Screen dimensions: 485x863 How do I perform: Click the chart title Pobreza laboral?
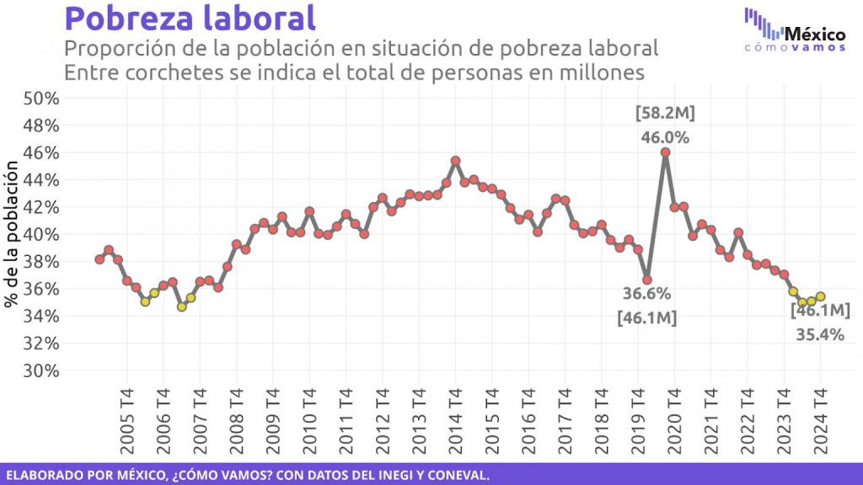point(190,19)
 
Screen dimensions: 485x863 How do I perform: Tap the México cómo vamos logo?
point(795,29)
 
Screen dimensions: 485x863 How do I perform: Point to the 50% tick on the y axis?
point(40,98)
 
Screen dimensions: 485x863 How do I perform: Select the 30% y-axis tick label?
point(40,370)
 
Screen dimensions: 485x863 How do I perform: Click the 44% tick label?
point(40,179)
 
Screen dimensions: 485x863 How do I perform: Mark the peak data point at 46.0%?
point(665,152)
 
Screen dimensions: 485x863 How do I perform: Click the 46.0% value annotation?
point(665,136)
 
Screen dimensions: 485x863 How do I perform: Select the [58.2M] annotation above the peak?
point(665,114)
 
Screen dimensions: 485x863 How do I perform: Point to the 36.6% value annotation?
point(646,294)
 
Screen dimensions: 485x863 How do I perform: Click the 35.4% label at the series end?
point(820,334)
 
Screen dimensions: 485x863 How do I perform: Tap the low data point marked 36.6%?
point(646,280)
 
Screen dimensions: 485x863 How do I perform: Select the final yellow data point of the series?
point(820,296)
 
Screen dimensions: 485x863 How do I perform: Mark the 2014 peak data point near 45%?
point(455,161)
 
